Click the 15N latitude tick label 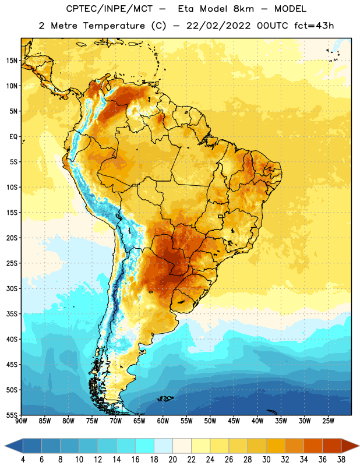[12, 61]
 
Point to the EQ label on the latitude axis [13, 137]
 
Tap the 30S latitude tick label [12, 288]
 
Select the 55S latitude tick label [12, 415]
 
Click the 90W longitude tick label [21, 421]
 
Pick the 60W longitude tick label [163, 421]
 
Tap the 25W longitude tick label [328, 421]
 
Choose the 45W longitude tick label [234, 421]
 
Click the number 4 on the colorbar [23, 460]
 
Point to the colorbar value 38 [341, 460]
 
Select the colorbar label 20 [172, 460]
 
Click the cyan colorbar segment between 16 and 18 [144, 446]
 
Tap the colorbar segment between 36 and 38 [332, 446]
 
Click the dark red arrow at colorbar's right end [350, 446]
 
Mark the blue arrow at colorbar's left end [14, 446]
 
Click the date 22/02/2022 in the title [218, 26]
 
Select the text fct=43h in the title [314, 26]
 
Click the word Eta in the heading [186, 9]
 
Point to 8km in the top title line [243, 9]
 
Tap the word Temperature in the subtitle [114, 26]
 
